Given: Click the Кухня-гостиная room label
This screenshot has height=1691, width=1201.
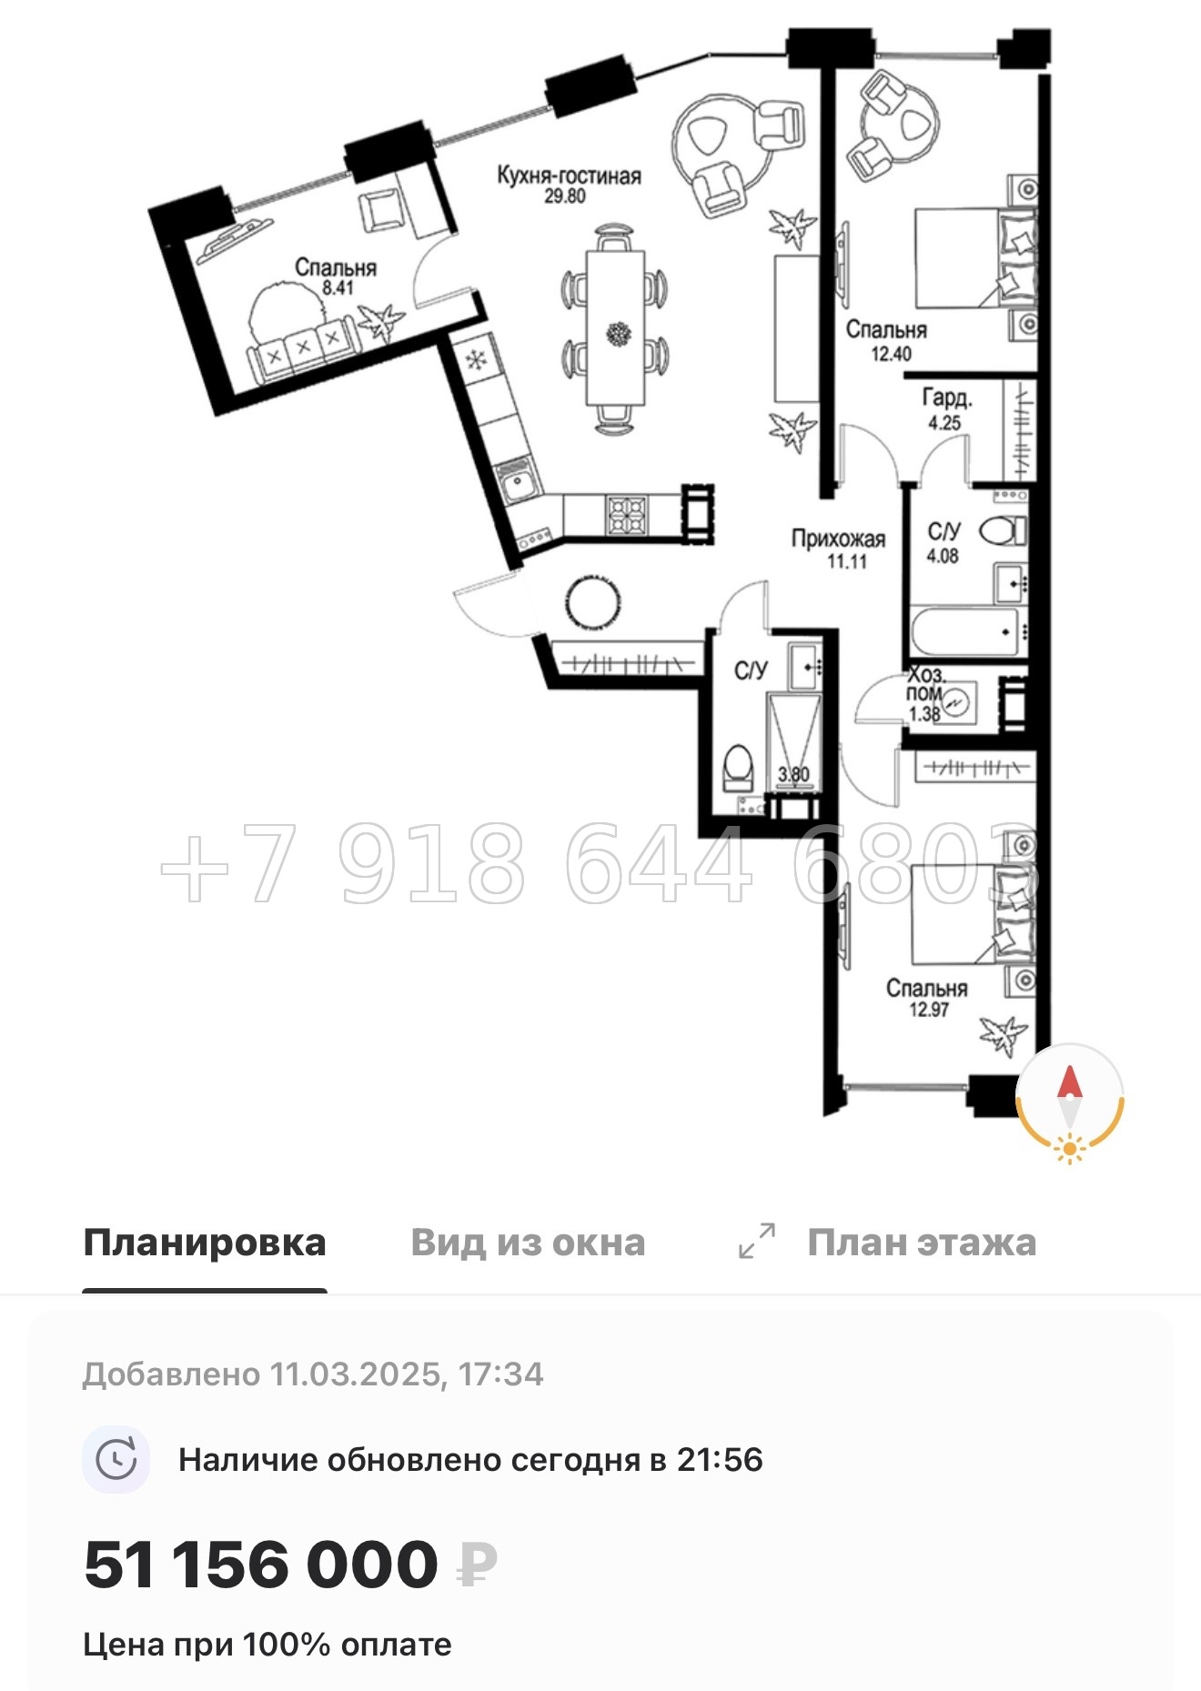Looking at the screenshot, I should point(569,176).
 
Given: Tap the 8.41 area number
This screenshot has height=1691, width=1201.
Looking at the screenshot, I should point(338,288).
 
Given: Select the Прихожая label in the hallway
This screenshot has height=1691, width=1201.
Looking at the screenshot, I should point(838,539).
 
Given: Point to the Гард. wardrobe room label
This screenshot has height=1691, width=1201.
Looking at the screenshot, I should point(947,398).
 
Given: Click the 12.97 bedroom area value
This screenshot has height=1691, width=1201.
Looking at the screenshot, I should point(928,1009).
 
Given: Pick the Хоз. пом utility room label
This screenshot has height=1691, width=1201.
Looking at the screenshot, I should point(925,685).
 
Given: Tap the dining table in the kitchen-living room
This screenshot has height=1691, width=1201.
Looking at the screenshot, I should point(616,327).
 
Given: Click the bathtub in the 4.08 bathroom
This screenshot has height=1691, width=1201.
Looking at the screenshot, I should point(964,630).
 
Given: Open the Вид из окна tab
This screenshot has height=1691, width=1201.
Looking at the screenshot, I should point(528,1243).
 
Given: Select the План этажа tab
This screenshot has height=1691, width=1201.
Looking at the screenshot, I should point(921,1243).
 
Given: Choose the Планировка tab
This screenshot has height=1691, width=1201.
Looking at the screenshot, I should point(205,1243).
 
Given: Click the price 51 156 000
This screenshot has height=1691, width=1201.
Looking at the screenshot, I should point(261,1565).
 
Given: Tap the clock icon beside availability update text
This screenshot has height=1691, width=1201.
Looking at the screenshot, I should point(116,1460).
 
